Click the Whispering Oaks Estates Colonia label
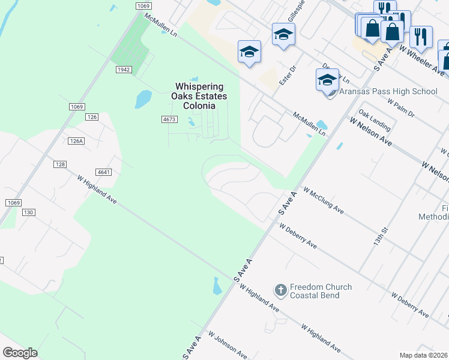tap(194, 96)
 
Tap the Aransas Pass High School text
tap(388, 91)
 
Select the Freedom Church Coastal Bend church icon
tap(280, 291)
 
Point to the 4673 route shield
tap(169, 119)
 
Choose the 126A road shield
tap(76, 141)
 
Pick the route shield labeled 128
tap(59, 164)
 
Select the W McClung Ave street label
tap(324, 200)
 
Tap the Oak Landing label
tap(375, 120)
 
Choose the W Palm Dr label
tap(401, 107)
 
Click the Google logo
tap(20, 353)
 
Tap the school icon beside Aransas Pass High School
tap(328, 80)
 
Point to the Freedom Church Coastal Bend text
tap(321, 291)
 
